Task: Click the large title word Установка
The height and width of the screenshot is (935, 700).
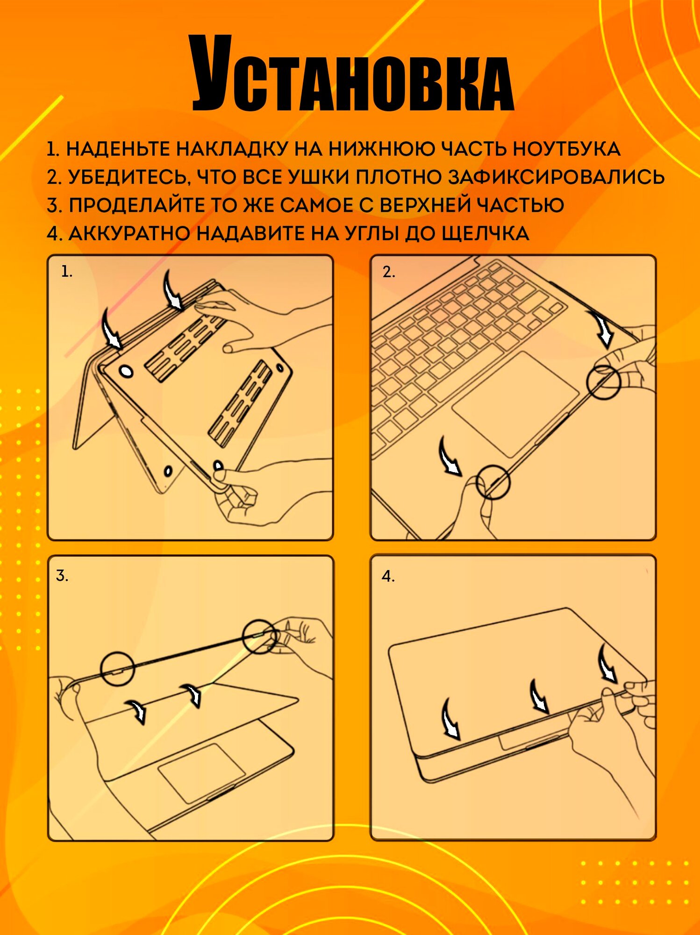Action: pyautogui.click(x=353, y=73)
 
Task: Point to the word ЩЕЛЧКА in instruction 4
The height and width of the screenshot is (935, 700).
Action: pyautogui.click(x=485, y=233)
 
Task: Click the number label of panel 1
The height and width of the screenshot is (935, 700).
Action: pyautogui.click(x=67, y=272)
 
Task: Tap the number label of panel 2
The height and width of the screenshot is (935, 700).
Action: pyautogui.click(x=389, y=272)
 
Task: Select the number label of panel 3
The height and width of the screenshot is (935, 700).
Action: pyautogui.click(x=62, y=575)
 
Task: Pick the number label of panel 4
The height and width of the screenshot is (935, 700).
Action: pyautogui.click(x=388, y=576)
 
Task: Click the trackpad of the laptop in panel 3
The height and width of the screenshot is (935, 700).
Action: pyautogui.click(x=201, y=773)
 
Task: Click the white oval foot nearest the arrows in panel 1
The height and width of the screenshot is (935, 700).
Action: pyautogui.click(x=126, y=372)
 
